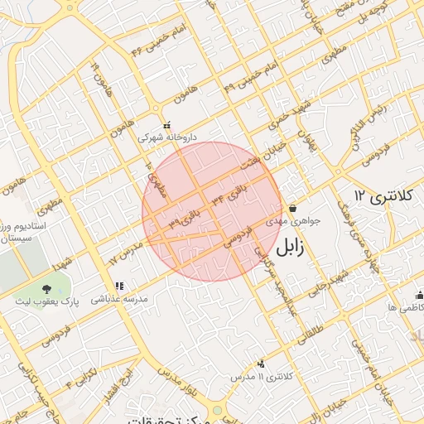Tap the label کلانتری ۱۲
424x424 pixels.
(382, 196)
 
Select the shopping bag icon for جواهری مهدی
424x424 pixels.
(292, 208)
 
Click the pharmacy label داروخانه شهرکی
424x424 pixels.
(165, 137)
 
